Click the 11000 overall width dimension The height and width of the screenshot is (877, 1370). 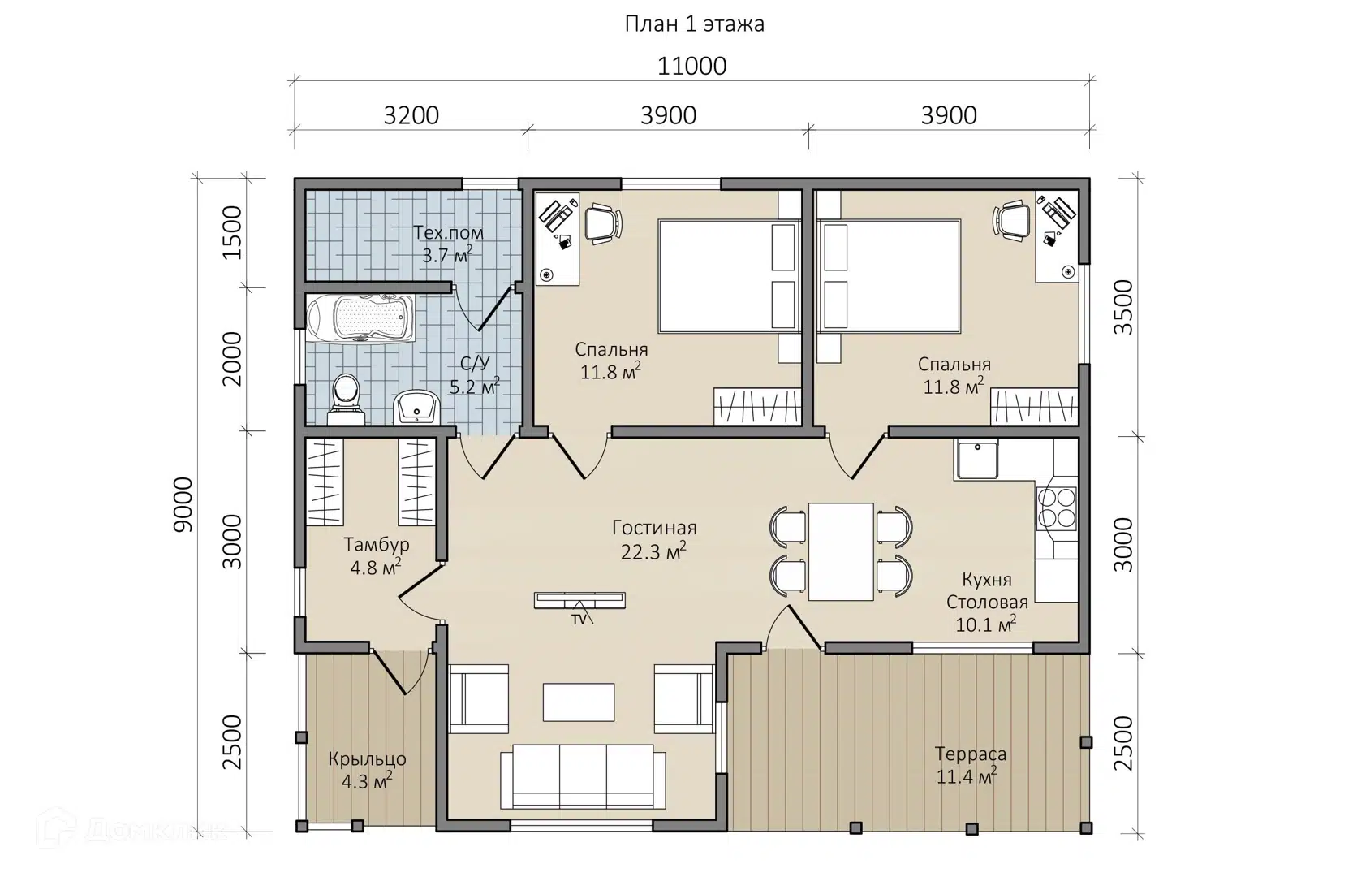click(691, 66)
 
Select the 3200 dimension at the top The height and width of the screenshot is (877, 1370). click(411, 115)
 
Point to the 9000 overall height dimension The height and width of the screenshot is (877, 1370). click(183, 504)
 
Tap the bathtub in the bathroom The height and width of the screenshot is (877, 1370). click(361, 318)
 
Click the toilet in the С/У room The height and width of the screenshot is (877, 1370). click(347, 399)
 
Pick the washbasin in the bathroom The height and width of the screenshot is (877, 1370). click(416, 407)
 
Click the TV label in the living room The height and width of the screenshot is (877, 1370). click(579, 620)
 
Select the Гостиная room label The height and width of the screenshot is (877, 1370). click(654, 528)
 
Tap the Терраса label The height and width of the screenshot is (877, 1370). click(970, 754)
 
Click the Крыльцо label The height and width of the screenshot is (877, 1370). click(367, 759)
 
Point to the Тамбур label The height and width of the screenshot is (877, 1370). click(376, 544)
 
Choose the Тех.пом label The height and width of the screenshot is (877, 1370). click(448, 232)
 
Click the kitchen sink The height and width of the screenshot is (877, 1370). click(976, 459)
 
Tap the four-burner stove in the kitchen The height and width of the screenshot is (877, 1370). click(1057, 508)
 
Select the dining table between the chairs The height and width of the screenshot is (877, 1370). click(841, 551)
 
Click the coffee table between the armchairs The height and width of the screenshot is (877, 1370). click(579, 702)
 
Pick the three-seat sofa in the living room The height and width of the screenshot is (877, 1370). click(583, 776)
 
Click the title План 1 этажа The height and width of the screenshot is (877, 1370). click(694, 24)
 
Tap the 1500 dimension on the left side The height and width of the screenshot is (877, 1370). click(232, 232)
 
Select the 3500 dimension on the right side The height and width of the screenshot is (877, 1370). click(1123, 307)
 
